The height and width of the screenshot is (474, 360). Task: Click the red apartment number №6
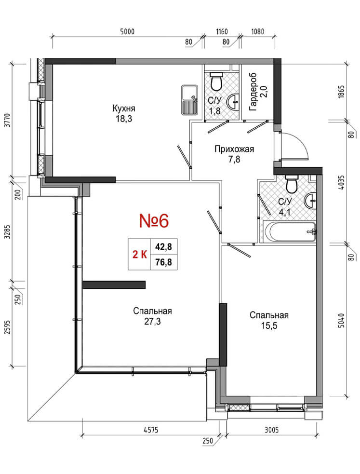[154, 220]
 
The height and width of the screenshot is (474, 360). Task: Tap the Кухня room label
[124, 108]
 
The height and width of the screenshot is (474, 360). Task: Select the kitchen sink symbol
[189, 100]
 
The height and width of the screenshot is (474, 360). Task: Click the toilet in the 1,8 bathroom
[216, 81]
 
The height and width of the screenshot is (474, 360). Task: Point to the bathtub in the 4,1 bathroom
[289, 232]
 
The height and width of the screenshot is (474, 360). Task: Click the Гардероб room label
[253, 92]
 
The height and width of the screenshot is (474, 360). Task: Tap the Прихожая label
[234, 149]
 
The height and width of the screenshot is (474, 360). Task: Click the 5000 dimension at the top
[127, 31]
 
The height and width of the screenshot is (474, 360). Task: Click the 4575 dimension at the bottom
[151, 430]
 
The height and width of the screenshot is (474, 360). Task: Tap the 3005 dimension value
[271, 430]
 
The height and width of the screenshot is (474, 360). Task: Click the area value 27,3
[152, 321]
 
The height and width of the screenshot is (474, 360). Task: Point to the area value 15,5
[269, 325]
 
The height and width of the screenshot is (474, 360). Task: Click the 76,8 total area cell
[163, 262]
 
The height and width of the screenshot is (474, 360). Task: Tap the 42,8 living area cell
[163, 247]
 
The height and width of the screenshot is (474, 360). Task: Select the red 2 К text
[140, 255]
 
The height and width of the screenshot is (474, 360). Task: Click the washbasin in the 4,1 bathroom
[310, 201]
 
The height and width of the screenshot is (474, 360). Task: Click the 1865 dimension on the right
[341, 92]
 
